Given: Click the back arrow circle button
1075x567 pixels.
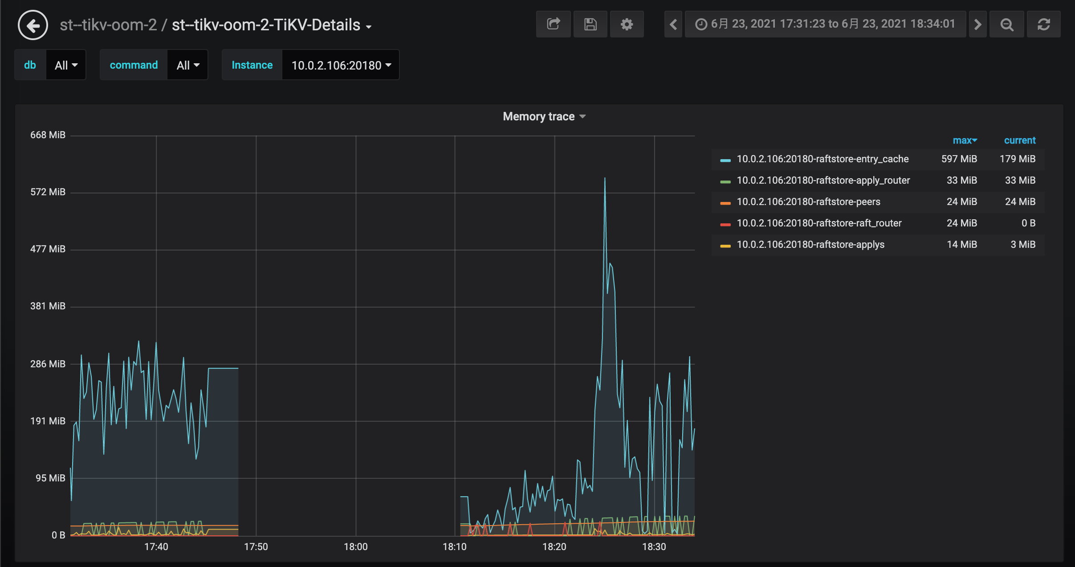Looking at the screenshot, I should (33, 25).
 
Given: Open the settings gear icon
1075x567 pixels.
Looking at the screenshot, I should (627, 24).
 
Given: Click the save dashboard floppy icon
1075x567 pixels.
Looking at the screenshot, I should (590, 24).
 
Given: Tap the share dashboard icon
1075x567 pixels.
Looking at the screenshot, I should (553, 24).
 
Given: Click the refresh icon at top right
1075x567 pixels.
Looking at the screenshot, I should (1043, 24).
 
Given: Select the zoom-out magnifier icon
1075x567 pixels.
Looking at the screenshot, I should (1006, 24).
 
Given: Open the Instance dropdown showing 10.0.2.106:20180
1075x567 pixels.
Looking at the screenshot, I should (341, 65).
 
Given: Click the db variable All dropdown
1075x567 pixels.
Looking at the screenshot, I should (66, 65).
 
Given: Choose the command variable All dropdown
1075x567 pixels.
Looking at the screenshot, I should (187, 65).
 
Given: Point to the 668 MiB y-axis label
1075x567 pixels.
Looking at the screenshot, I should (48, 135).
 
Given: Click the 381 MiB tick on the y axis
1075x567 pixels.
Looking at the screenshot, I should (48, 306).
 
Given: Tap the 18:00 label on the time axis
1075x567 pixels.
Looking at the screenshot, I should (355, 546).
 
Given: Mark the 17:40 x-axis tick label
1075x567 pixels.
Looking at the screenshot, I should (156, 546).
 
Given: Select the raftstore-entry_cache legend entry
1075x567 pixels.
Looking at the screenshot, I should (822, 159).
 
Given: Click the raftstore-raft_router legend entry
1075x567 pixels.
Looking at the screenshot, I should (818, 223).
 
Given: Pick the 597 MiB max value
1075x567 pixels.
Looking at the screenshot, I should (959, 159).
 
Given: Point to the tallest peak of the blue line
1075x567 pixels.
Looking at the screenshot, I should (605, 178).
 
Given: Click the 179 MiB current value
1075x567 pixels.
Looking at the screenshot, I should (1017, 159).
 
